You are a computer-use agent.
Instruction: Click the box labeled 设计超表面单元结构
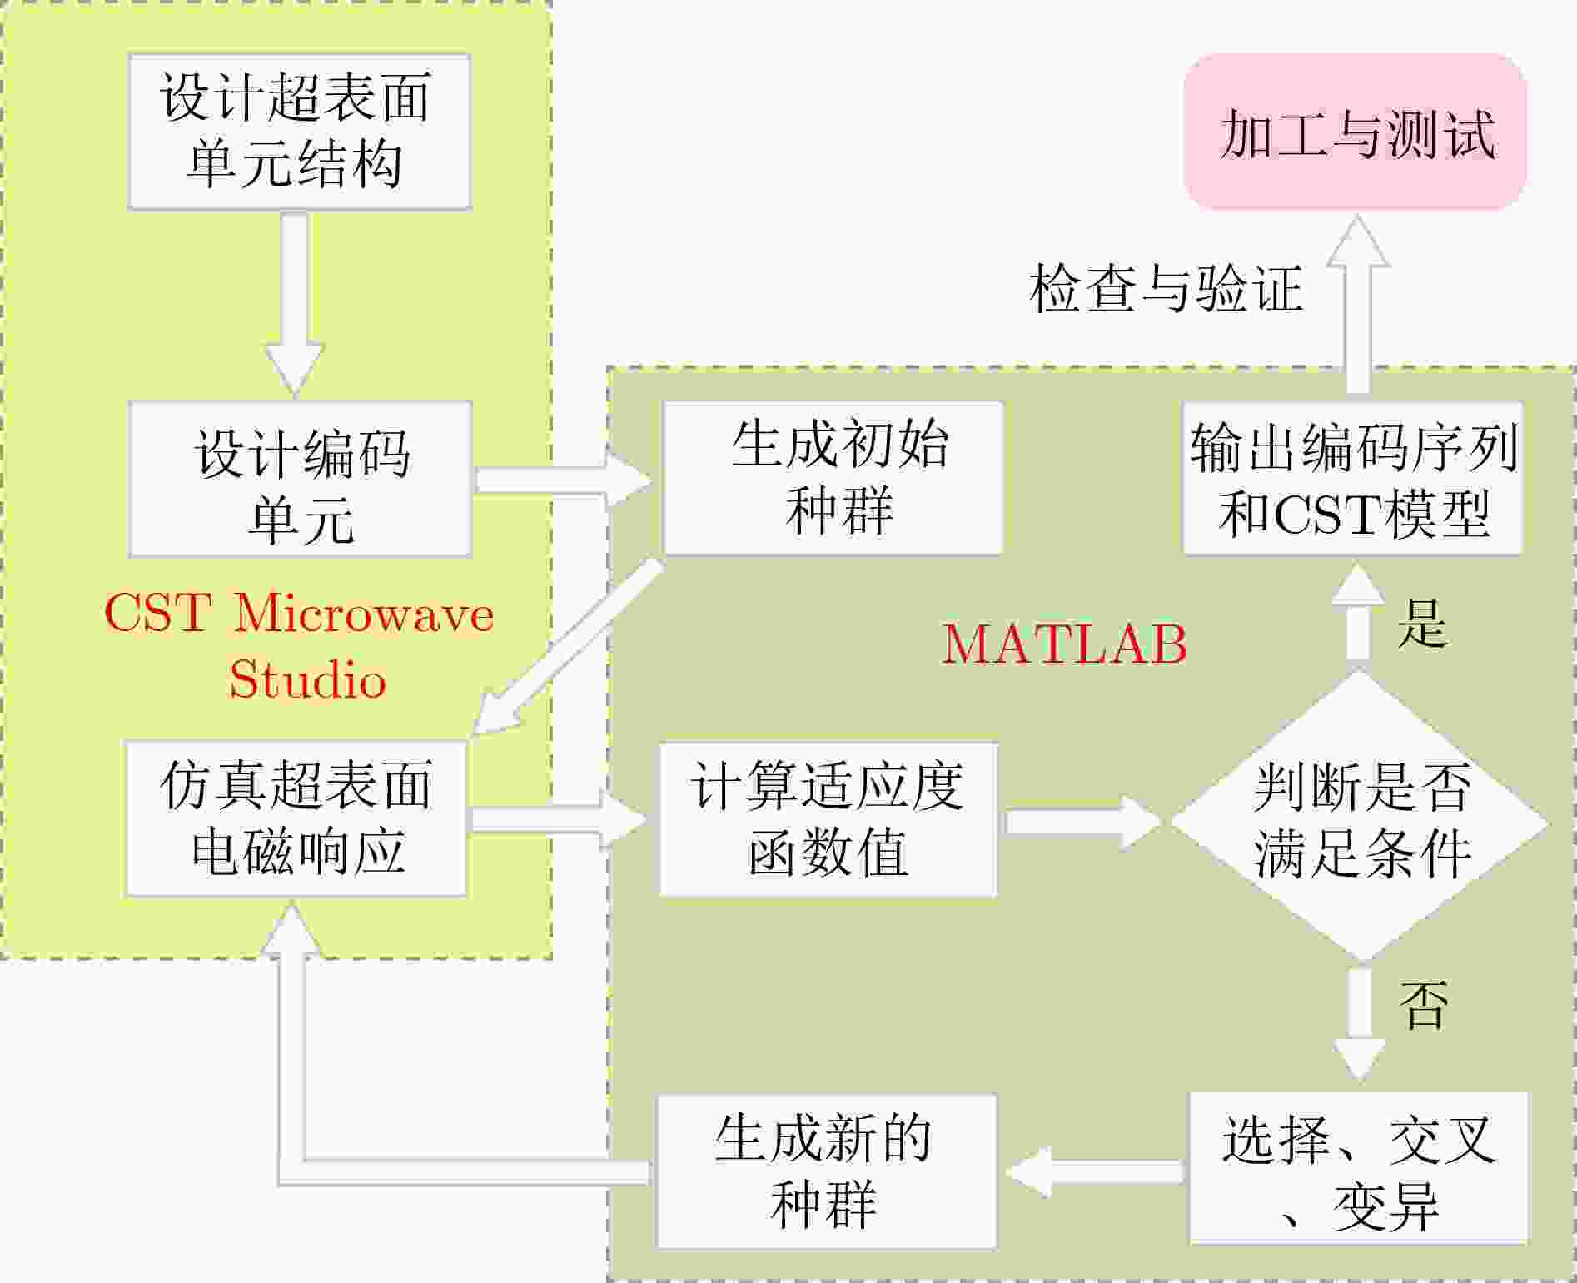click(299, 132)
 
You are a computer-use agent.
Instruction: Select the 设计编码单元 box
click(300, 480)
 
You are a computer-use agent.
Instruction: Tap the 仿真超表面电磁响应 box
click(296, 818)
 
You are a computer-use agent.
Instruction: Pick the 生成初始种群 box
click(833, 478)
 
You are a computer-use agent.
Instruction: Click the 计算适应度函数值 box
click(828, 819)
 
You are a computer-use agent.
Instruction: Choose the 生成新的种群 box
click(826, 1171)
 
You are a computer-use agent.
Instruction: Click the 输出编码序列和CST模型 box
click(1353, 478)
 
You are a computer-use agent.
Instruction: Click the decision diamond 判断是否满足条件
click(1360, 819)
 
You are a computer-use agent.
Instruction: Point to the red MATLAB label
click(1064, 644)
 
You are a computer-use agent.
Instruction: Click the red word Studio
click(307, 679)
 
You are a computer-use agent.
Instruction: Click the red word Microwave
click(364, 614)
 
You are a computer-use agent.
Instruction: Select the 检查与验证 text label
click(1166, 289)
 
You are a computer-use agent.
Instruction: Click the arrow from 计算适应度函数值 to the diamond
click(1082, 821)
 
